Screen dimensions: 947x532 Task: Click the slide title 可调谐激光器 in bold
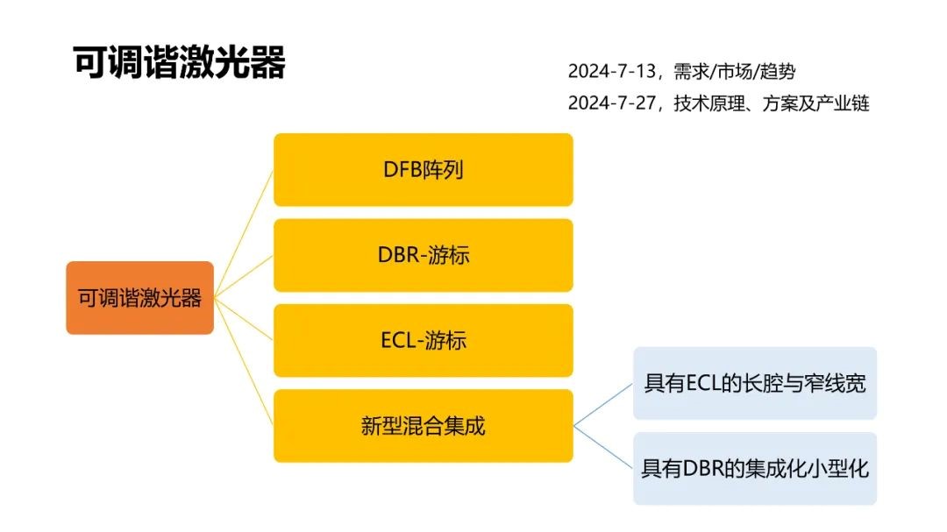[x=179, y=62]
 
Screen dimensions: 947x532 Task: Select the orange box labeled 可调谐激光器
[x=140, y=298]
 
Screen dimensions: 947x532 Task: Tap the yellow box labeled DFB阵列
[x=424, y=170]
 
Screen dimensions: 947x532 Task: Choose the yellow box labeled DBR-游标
[x=424, y=255]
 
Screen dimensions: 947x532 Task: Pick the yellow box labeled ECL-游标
[x=424, y=341]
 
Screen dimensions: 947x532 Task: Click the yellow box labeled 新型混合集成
[x=424, y=426]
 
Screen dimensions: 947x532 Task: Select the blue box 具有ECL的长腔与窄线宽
[x=755, y=383]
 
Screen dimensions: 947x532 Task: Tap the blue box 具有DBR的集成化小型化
[x=755, y=469]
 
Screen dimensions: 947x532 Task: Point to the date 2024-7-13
[x=612, y=71]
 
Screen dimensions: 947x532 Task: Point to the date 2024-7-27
[x=612, y=103]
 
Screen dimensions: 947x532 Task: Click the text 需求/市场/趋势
[x=735, y=71]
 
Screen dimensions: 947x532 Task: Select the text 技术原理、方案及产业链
[x=772, y=103]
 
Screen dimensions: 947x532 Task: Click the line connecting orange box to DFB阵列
[x=244, y=234]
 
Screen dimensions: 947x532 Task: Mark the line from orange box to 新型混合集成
[x=244, y=362]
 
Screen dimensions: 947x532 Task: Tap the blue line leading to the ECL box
[x=602, y=405]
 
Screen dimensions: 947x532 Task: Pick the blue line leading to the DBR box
[x=602, y=447]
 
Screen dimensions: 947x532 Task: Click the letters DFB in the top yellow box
[x=402, y=170]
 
